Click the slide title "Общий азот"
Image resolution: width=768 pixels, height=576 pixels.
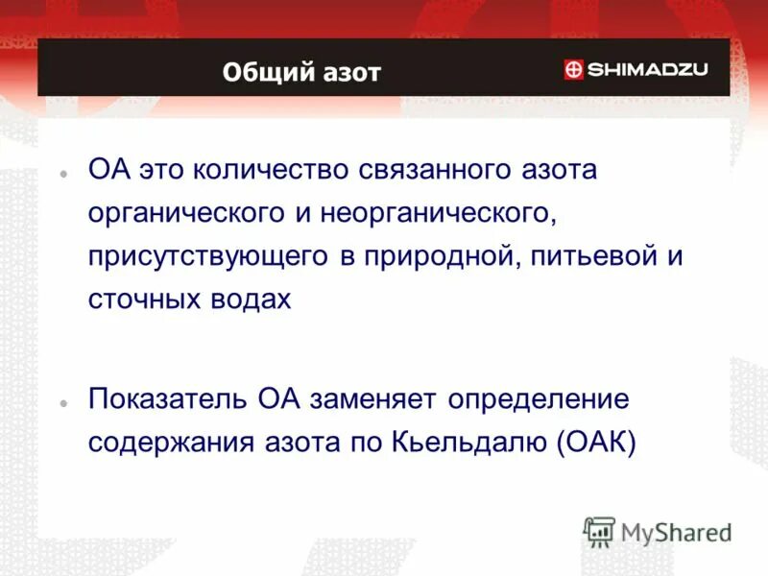(301, 72)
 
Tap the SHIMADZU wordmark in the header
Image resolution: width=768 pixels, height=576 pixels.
(647, 69)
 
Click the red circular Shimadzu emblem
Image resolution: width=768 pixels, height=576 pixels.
(573, 69)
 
